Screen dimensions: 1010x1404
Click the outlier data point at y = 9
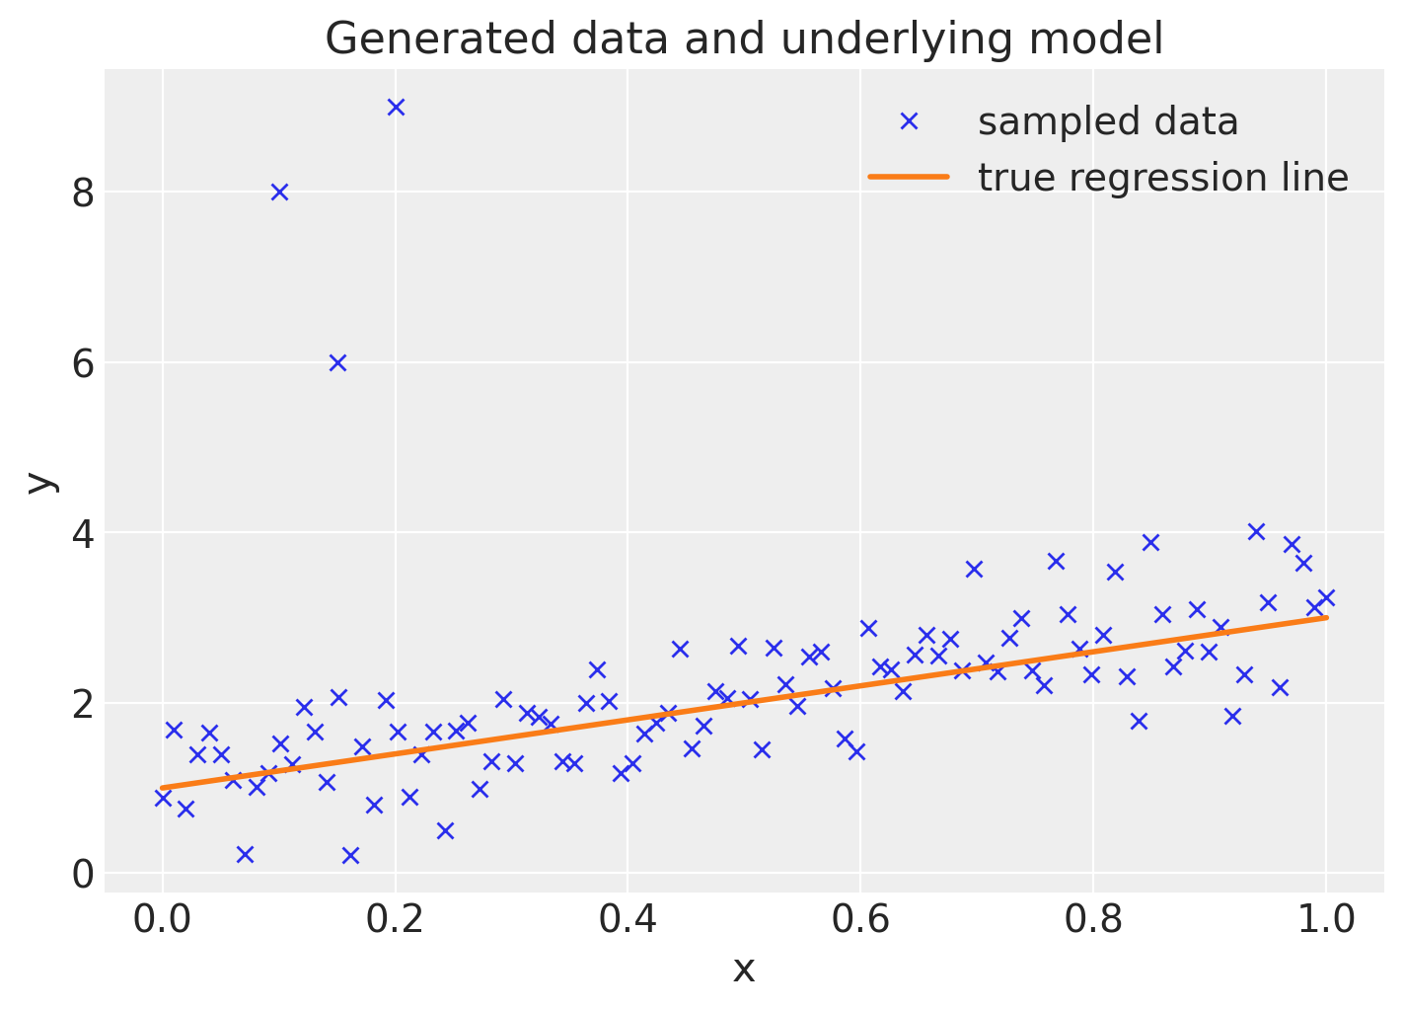[x=396, y=107]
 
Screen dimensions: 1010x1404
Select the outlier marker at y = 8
[x=279, y=192]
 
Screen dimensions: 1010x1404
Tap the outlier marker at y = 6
[x=337, y=362]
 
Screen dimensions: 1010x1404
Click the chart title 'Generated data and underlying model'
[x=744, y=39]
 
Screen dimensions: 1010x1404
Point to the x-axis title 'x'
[x=744, y=970]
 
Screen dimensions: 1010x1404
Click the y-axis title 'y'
[x=40, y=481]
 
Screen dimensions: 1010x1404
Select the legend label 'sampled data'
[x=1107, y=121]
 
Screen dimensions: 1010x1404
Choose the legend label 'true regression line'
[x=1162, y=178]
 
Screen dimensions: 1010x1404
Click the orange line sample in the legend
[x=909, y=178]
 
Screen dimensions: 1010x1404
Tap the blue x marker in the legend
[x=909, y=121]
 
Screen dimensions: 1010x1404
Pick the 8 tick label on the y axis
[x=83, y=193]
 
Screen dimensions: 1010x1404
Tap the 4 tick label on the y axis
[x=83, y=533]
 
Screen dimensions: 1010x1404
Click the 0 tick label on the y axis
[x=83, y=875]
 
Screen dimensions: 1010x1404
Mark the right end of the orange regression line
[x=1326, y=617]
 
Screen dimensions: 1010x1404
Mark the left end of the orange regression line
[x=163, y=788]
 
